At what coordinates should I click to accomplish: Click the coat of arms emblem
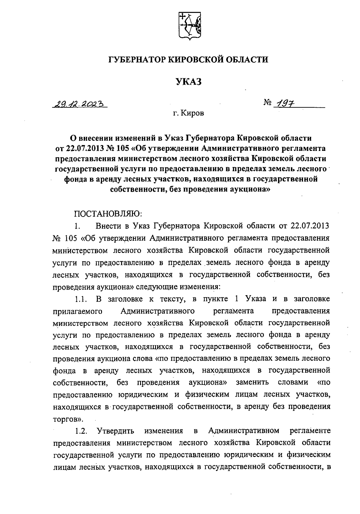click(189, 26)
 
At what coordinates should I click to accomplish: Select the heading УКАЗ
click(188, 82)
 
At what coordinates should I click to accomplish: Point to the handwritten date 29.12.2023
click(80, 104)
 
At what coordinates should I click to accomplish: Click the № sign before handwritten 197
click(268, 104)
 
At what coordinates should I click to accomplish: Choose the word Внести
click(107, 225)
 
